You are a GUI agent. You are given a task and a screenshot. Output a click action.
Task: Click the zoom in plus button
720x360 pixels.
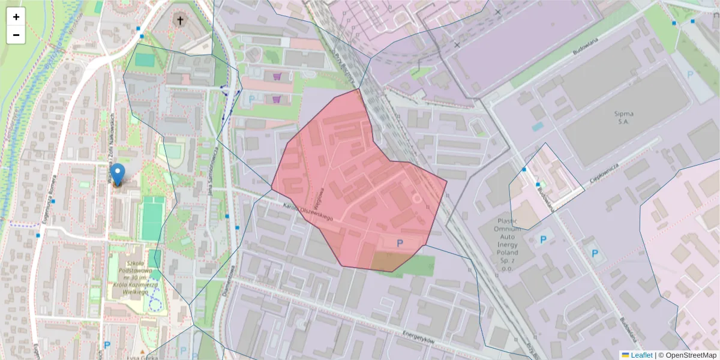[16, 17]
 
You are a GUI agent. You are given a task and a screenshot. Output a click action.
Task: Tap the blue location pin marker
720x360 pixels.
[118, 174]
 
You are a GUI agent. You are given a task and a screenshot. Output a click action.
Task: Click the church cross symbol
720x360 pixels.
[179, 21]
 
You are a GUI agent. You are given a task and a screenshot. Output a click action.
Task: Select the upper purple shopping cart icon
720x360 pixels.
[277, 77]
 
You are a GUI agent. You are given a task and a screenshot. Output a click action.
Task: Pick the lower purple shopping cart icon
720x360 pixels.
[277, 99]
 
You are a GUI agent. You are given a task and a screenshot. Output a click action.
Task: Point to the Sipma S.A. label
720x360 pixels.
[623, 118]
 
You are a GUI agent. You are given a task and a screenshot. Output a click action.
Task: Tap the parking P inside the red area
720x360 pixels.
[400, 243]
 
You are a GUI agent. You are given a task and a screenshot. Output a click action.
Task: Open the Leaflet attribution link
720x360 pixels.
[641, 355]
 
